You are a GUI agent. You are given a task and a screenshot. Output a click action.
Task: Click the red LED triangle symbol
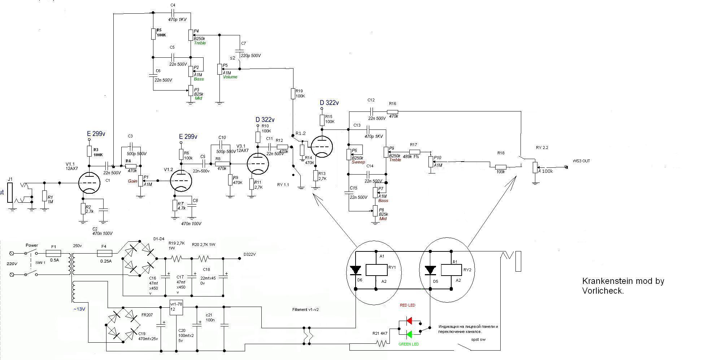pyautogui.click(x=409, y=320)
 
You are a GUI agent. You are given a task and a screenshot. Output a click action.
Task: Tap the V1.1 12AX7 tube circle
pyautogui.click(x=89, y=183)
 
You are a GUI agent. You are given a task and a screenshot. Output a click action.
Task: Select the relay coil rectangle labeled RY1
pyautogui.click(x=376, y=270)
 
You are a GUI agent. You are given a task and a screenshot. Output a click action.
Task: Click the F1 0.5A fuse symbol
pyautogui.click(x=53, y=253)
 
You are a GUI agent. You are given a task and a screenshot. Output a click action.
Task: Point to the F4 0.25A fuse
pyautogui.click(x=105, y=253)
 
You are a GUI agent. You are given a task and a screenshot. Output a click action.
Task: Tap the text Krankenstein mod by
pyautogui.click(x=623, y=281)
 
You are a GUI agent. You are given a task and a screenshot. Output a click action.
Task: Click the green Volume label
pyautogui.click(x=230, y=77)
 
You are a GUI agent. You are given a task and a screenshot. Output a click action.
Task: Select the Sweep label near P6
pyautogui.click(x=358, y=162)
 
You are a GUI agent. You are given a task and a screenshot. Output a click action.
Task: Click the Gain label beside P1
pyautogui.click(x=132, y=181)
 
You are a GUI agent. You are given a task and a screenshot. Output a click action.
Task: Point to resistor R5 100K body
pyautogui.click(x=153, y=34)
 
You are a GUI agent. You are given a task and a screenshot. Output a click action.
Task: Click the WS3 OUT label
pyautogui.click(x=581, y=161)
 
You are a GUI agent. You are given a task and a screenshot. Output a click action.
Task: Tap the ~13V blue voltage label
pyautogui.click(x=79, y=309)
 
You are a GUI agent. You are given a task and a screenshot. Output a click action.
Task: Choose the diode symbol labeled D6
pyautogui.click(x=355, y=270)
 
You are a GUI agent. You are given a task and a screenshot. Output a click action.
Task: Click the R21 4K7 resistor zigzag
pyautogui.click(x=381, y=343)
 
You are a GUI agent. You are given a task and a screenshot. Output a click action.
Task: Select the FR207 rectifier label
pyautogui.click(x=147, y=315)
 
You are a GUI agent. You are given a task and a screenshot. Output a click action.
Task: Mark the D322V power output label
pyautogui.click(x=249, y=254)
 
